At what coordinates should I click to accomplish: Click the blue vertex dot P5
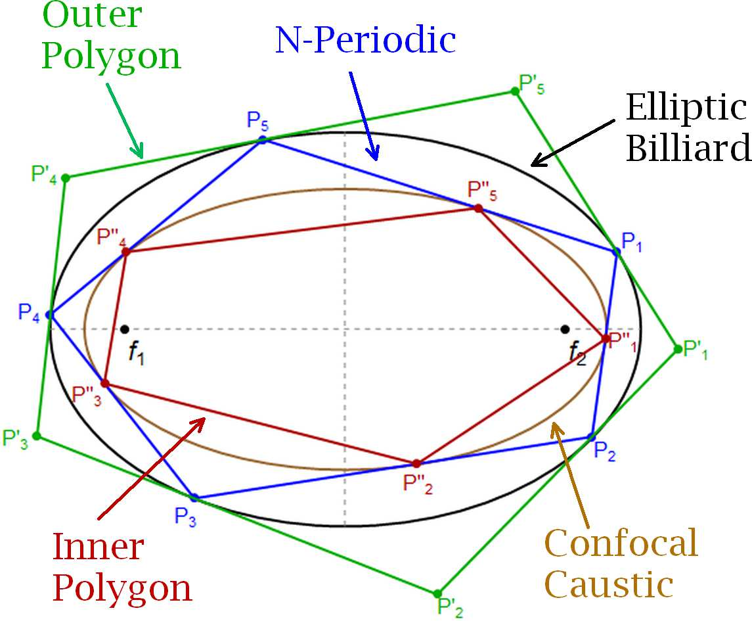click(262, 140)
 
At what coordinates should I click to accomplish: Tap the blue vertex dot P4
click(50, 315)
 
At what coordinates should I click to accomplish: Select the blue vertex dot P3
click(194, 497)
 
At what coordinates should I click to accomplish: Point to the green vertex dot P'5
click(515, 91)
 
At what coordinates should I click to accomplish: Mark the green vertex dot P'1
click(677, 349)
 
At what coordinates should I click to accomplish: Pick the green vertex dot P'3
click(37, 436)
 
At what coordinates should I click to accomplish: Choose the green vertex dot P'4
click(65, 177)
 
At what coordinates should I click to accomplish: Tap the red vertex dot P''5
click(478, 208)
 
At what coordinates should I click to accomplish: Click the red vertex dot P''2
click(416, 463)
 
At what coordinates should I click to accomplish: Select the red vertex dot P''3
click(104, 383)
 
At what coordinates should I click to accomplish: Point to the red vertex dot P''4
click(126, 252)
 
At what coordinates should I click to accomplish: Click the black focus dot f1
click(125, 329)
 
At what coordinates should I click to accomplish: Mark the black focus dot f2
click(565, 329)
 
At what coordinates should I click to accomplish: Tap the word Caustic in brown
click(609, 584)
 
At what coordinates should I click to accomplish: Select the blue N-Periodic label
click(366, 41)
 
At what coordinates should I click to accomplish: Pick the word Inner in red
click(98, 547)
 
